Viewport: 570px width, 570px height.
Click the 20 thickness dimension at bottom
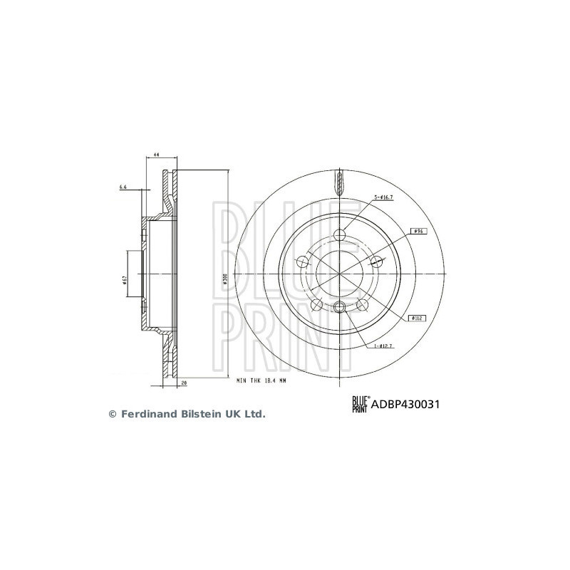pos(183,383)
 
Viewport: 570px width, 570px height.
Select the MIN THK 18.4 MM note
pos(262,381)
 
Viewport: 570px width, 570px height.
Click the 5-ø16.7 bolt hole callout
pos(384,197)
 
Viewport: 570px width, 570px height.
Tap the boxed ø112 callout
pos(418,318)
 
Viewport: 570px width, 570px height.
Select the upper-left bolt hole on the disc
pos(302,263)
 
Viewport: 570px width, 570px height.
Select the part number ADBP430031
pos(404,404)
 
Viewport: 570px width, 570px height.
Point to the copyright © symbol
pos(112,413)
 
